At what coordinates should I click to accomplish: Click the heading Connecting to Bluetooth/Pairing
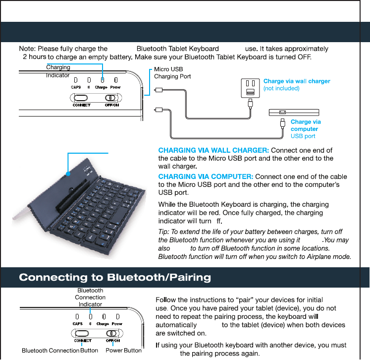(115, 277)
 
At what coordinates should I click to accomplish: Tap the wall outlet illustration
(250, 88)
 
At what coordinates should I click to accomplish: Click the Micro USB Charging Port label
(172, 73)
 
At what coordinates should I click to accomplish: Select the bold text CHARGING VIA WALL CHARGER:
(213, 150)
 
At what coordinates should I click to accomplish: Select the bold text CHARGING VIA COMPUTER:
(206, 177)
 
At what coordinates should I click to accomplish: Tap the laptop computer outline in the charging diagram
(294, 112)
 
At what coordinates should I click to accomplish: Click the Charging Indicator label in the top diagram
(58, 71)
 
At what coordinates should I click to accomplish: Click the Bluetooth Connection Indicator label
(90, 297)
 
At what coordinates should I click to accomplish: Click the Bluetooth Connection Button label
(60, 351)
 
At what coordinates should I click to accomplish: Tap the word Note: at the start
(27, 49)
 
